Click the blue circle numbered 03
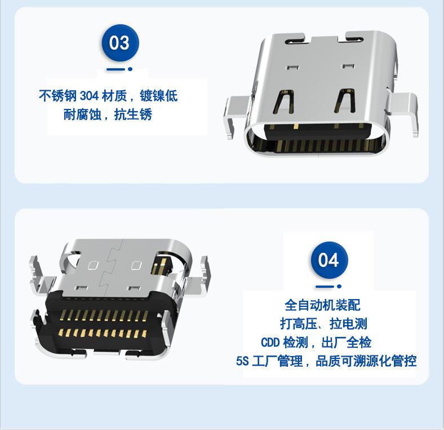[121, 43]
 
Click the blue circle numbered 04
[329, 260]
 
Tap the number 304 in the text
[89, 96]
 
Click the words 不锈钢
[58, 96]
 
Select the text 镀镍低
[159, 96]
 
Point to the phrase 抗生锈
[133, 115]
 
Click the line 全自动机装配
[322, 305]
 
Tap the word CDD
[270, 343]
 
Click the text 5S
[242, 361]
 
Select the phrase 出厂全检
[347, 343]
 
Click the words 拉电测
[348, 324]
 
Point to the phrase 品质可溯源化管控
[366, 361]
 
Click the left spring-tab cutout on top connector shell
[283, 102]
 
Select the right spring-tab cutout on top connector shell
[345, 100]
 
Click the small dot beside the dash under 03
[130, 69]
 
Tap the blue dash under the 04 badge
[325, 287]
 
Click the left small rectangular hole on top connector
[292, 68]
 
